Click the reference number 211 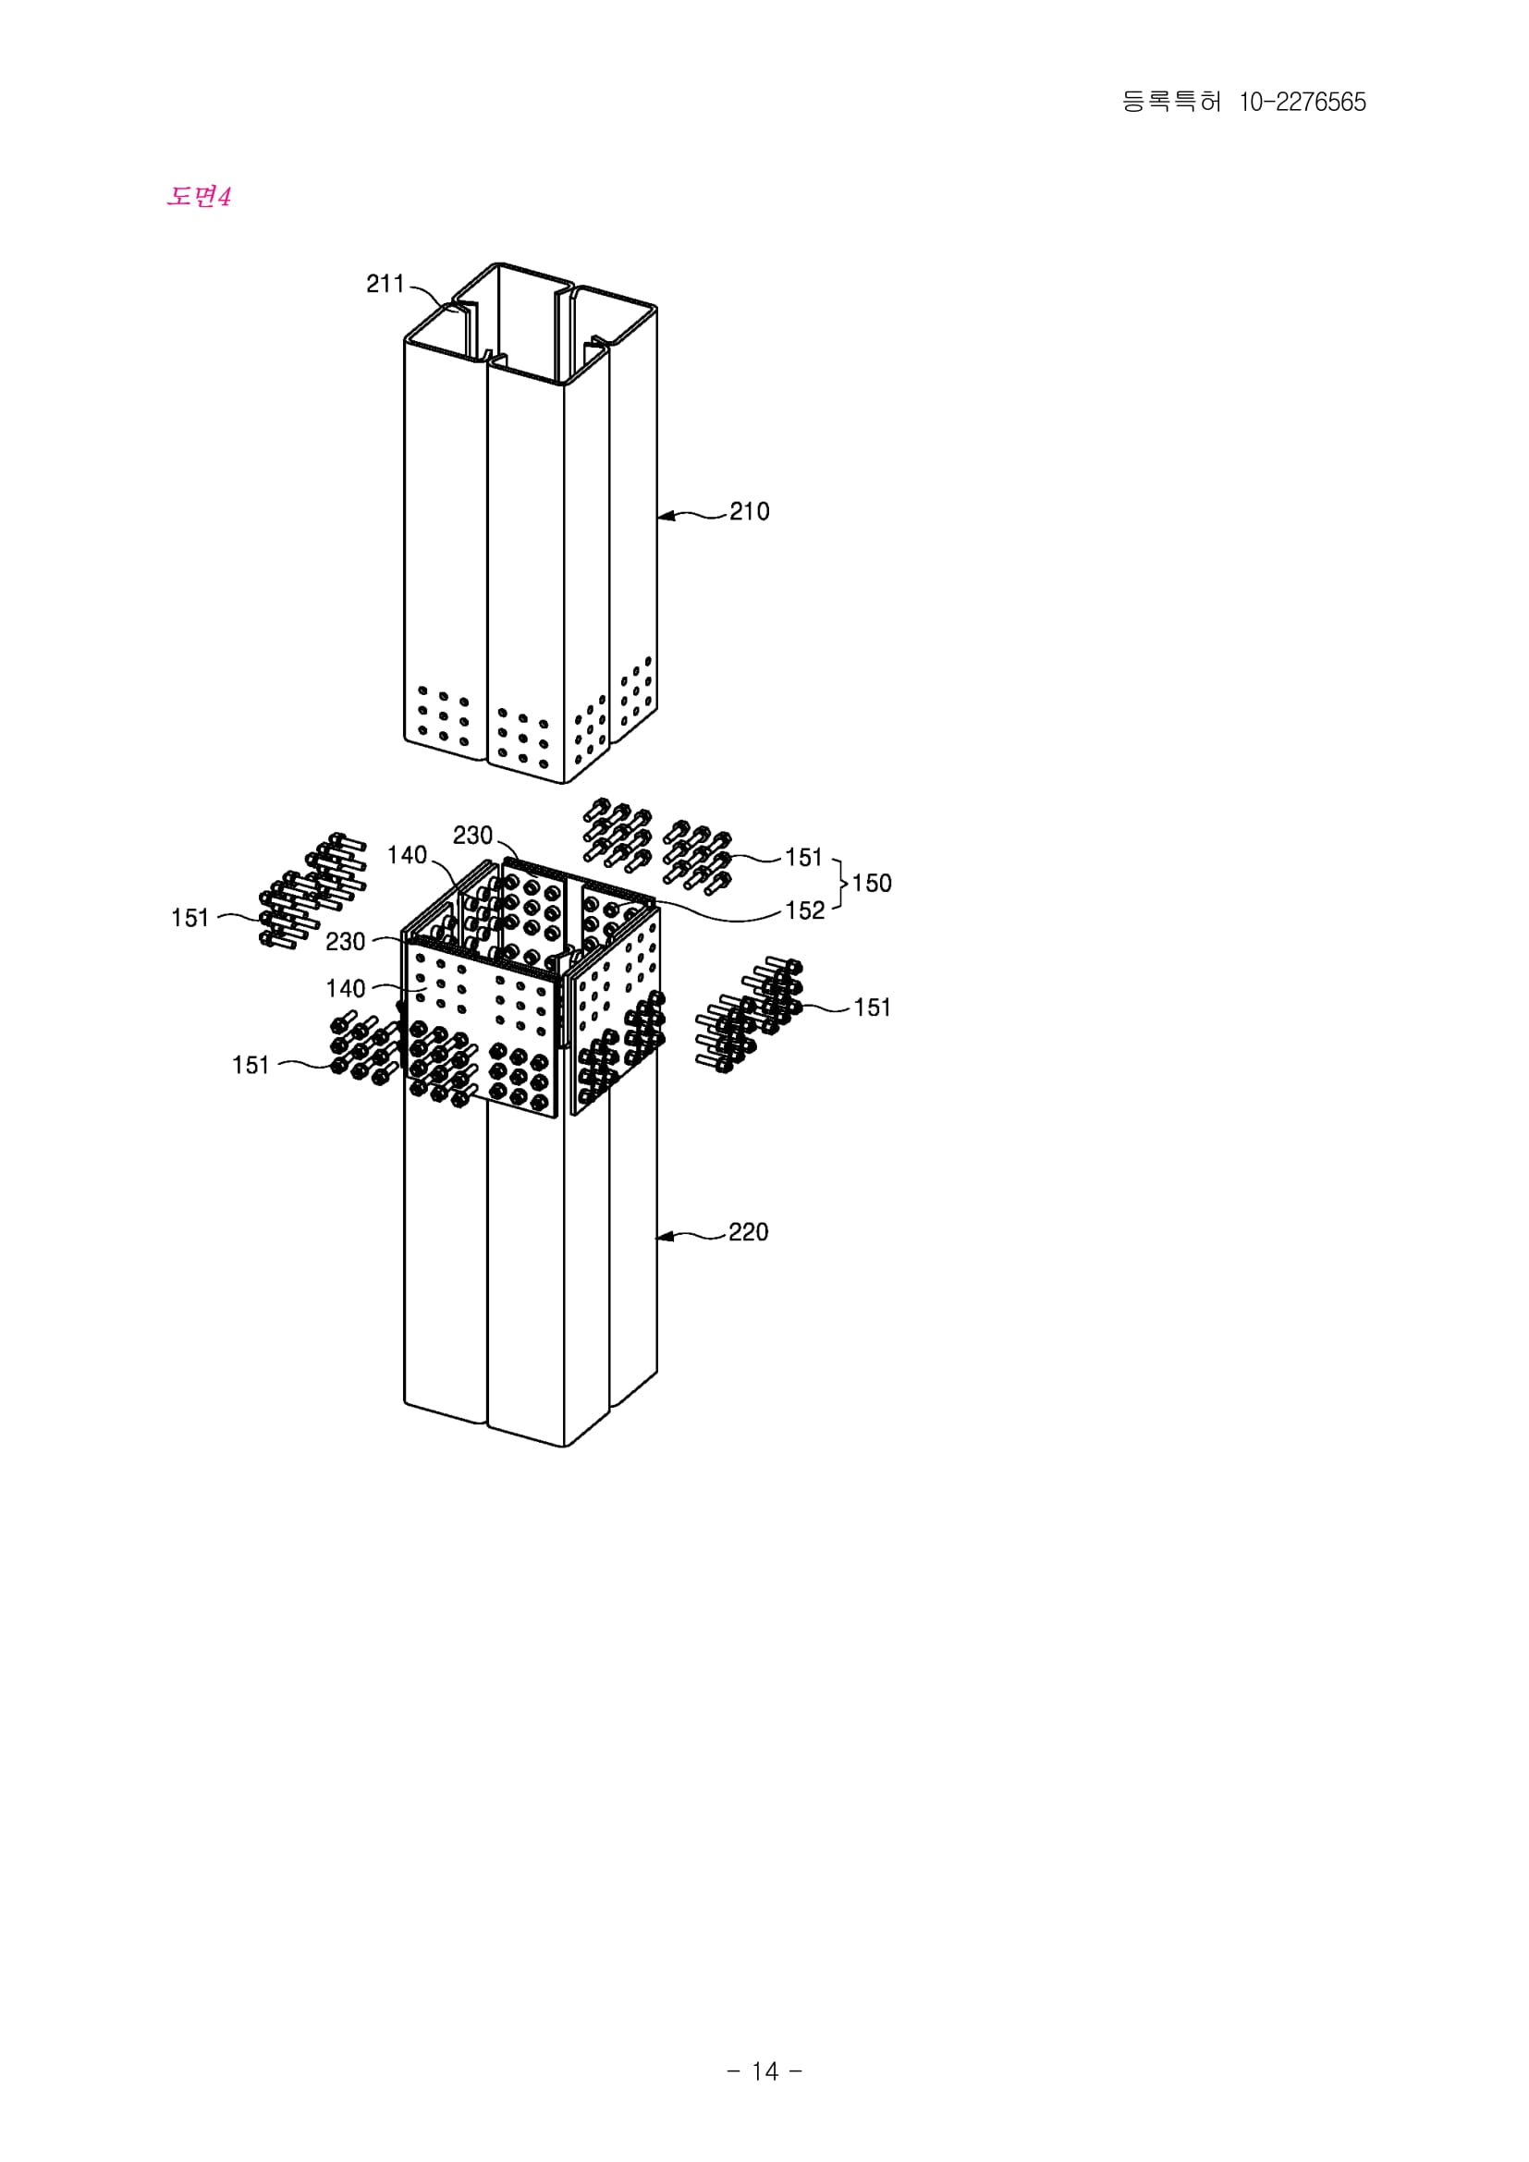(385, 284)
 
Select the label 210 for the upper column (750, 511)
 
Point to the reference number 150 (872, 884)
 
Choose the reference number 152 (805, 910)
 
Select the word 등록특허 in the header (1171, 102)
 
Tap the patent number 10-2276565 (1303, 102)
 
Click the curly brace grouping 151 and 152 (839, 884)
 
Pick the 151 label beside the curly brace (804, 857)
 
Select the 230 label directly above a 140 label (346, 942)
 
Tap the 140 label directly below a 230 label (346, 988)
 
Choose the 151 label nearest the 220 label (872, 1008)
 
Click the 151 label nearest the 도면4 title (190, 917)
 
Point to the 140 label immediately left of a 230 (407, 855)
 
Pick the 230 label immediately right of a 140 (472, 836)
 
